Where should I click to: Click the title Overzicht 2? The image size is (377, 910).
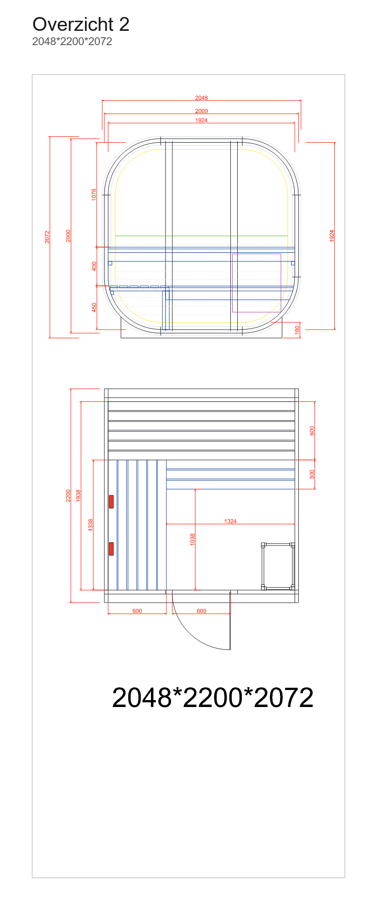(x=81, y=24)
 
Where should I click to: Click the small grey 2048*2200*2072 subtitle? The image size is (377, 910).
(x=72, y=41)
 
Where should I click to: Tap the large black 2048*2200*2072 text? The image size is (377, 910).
(x=212, y=697)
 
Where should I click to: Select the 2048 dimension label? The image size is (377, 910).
(x=201, y=98)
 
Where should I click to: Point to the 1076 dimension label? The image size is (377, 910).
(x=94, y=194)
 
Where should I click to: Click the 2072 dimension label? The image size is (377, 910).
(x=47, y=237)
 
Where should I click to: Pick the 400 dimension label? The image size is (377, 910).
(x=94, y=266)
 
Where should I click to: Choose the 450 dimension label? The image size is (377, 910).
(x=94, y=307)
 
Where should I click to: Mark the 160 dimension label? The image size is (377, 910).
(x=297, y=330)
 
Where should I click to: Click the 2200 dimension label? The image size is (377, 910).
(x=68, y=495)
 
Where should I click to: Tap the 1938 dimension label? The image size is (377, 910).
(x=78, y=495)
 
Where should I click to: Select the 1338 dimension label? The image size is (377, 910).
(x=91, y=525)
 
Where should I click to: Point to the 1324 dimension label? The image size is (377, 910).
(x=230, y=521)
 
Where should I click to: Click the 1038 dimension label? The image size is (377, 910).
(x=193, y=539)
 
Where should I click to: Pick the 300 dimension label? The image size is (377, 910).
(x=312, y=474)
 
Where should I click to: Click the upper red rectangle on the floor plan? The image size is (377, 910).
(x=111, y=502)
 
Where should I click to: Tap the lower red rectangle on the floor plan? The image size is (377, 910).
(x=111, y=549)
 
